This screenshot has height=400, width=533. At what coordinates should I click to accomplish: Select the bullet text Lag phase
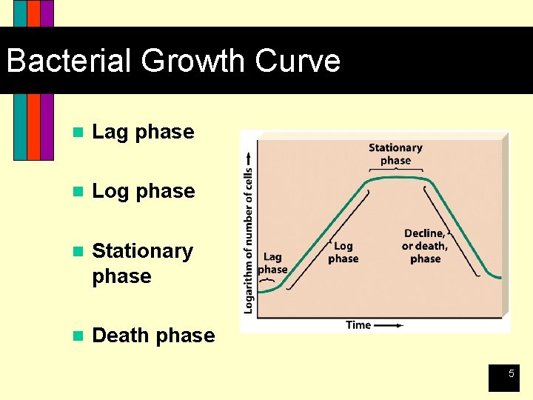click(143, 132)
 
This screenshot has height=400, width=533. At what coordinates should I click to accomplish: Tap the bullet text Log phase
click(143, 191)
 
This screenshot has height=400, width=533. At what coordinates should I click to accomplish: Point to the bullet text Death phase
click(153, 336)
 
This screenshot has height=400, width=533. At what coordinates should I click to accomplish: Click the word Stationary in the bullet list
click(142, 251)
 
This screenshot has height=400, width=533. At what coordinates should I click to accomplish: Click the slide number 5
click(510, 375)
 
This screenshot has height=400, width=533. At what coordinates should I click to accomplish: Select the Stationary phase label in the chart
click(395, 154)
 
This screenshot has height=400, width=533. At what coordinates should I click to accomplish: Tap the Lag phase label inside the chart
click(272, 263)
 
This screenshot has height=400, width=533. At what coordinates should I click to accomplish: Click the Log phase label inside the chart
click(343, 252)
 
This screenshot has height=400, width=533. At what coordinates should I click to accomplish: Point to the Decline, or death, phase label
click(425, 246)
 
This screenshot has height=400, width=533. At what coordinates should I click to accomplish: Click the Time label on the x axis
click(358, 324)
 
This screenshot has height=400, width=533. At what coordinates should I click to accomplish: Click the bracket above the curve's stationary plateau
click(395, 170)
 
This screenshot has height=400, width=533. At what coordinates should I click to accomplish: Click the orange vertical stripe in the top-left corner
click(33, 126)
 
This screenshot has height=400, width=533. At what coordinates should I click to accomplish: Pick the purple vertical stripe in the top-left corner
click(47, 126)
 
